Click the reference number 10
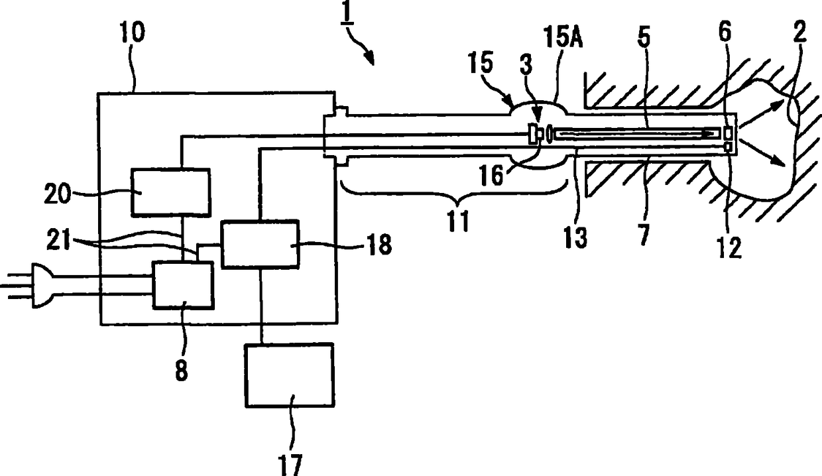point(132,32)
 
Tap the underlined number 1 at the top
point(347,13)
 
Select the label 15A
point(563,37)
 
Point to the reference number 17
point(290,465)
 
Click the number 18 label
point(379,244)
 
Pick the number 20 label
point(57,194)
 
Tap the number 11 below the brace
point(458,221)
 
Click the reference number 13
point(576,237)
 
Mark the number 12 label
point(730,247)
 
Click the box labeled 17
point(290,375)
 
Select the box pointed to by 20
point(171,192)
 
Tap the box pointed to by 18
point(260,244)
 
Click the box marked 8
point(183,285)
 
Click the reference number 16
point(491,175)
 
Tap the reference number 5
point(644,36)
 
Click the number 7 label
point(644,235)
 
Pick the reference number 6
point(725,31)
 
